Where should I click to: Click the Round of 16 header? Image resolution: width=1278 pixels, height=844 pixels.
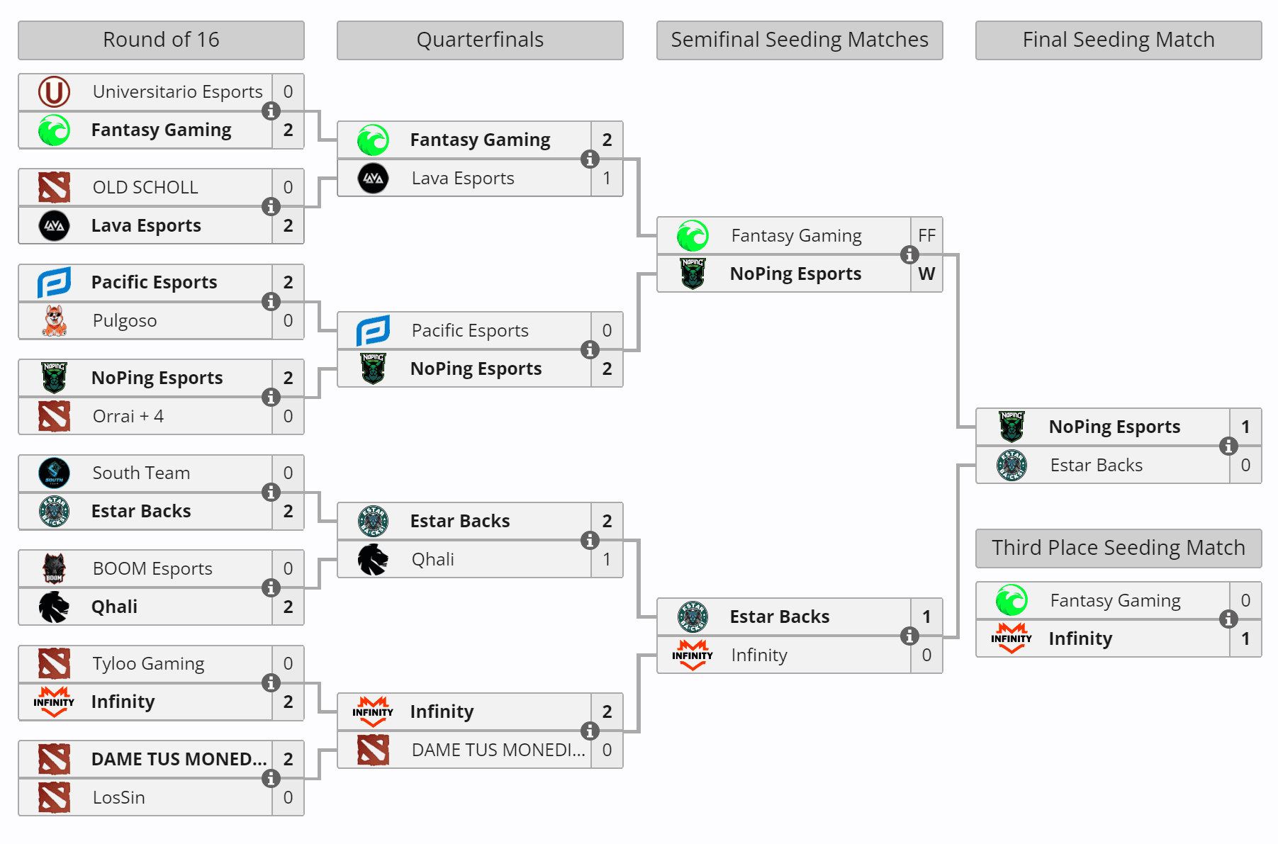pyautogui.click(x=161, y=40)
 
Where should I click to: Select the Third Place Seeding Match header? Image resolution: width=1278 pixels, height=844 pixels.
pyautogui.click(x=1118, y=548)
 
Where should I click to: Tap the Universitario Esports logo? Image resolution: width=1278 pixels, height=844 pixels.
pyautogui.click(x=54, y=91)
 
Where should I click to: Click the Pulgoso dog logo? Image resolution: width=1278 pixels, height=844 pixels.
pyautogui.click(x=54, y=320)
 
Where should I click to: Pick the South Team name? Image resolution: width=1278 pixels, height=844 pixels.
pyautogui.click(x=141, y=473)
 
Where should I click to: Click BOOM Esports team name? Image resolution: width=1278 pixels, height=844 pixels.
pyautogui.click(x=152, y=568)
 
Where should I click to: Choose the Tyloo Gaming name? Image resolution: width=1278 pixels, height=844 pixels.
pyautogui.click(x=148, y=663)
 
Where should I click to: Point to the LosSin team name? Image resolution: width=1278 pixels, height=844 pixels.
pyautogui.click(x=118, y=797)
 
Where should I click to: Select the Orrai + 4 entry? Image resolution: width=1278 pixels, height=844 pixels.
pyautogui.click(x=128, y=416)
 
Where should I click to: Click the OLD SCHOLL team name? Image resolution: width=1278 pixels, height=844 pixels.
pyautogui.click(x=145, y=187)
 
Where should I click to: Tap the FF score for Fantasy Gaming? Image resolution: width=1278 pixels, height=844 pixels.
pyautogui.click(x=926, y=235)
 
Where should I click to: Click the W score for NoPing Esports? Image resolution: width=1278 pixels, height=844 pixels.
pyautogui.click(x=926, y=274)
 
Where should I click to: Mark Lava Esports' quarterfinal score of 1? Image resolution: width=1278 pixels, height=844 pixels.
pyautogui.click(x=607, y=178)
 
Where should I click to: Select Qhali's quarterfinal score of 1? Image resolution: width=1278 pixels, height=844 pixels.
pyautogui.click(x=607, y=559)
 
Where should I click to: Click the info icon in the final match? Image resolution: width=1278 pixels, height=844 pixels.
pyautogui.click(x=1228, y=446)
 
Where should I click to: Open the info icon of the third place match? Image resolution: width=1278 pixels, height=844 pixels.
pyautogui.click(x=1228, y=619)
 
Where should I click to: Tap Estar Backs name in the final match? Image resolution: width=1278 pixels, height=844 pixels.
pyautogui.click(x=1096, y=465)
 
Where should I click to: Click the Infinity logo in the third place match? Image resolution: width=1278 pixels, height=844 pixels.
pyautogui.click(x=1011, y=638)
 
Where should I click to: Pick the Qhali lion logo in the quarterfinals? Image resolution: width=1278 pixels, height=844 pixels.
pyautogui.click(x=373, y=559)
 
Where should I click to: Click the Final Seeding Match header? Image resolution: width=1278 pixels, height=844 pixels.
pyautogui.click(x=1118, y=40)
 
